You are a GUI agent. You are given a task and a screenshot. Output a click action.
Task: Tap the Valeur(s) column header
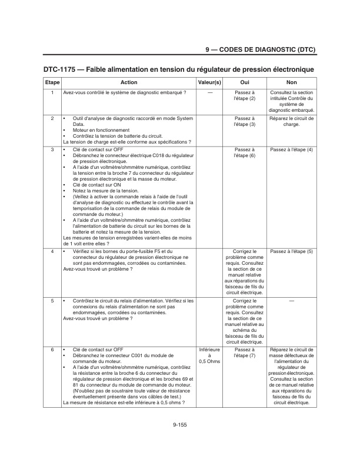point(209,82)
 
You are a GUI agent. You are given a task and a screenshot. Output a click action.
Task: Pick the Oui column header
point(244,82)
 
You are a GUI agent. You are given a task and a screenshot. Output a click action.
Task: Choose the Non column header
point(291,82)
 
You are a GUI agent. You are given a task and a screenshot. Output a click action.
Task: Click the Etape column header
point(52,82)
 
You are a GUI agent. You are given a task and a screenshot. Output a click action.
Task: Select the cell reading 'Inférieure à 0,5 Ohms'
point(209,355)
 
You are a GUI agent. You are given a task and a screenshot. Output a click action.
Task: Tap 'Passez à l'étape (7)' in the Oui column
point(244,352)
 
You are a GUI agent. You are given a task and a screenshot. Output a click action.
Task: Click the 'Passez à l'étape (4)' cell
point(291,149)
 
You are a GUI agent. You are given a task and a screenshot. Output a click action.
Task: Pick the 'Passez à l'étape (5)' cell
point(291,251)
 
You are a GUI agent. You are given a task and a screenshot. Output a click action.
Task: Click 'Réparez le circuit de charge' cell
point(291,121)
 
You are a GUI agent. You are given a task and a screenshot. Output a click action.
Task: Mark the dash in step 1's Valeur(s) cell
point(209,93)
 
